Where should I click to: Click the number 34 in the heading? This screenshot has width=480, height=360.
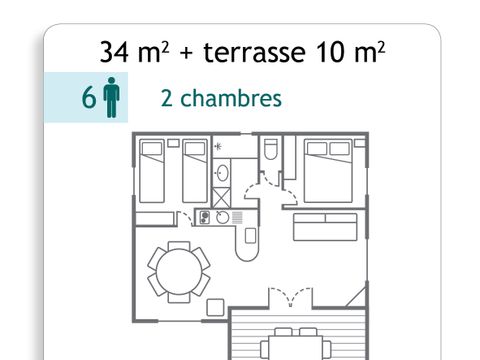(x=114, y=51)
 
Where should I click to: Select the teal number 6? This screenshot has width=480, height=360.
(x=88, y=100)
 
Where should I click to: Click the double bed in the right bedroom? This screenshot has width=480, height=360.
(x=327, y=172)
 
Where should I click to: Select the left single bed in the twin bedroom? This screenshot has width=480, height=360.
(x=153, y=172)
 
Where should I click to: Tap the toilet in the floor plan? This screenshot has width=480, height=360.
(x=271, y=150)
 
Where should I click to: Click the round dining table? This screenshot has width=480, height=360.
(x=179, y=268)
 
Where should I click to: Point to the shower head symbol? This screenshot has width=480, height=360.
(x=218, y=147)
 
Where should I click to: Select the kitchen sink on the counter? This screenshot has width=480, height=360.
(x=223, y=216)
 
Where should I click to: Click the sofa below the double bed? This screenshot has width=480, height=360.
(x=318, y=227)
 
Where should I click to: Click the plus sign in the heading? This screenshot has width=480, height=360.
(x=185, y=52)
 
